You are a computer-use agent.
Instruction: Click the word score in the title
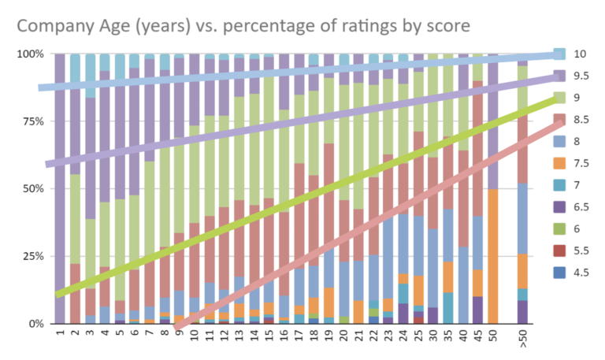447,26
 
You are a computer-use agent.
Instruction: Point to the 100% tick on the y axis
32,54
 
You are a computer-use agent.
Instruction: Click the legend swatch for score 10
559,54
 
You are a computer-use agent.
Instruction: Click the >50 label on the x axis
523,340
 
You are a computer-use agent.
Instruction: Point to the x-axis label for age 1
59,335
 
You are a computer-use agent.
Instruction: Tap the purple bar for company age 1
59,189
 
